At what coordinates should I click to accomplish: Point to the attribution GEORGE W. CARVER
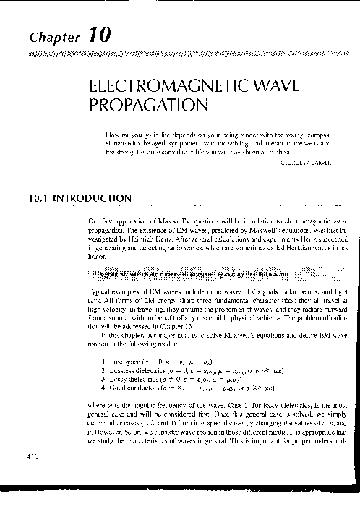(x=305, y=163)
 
